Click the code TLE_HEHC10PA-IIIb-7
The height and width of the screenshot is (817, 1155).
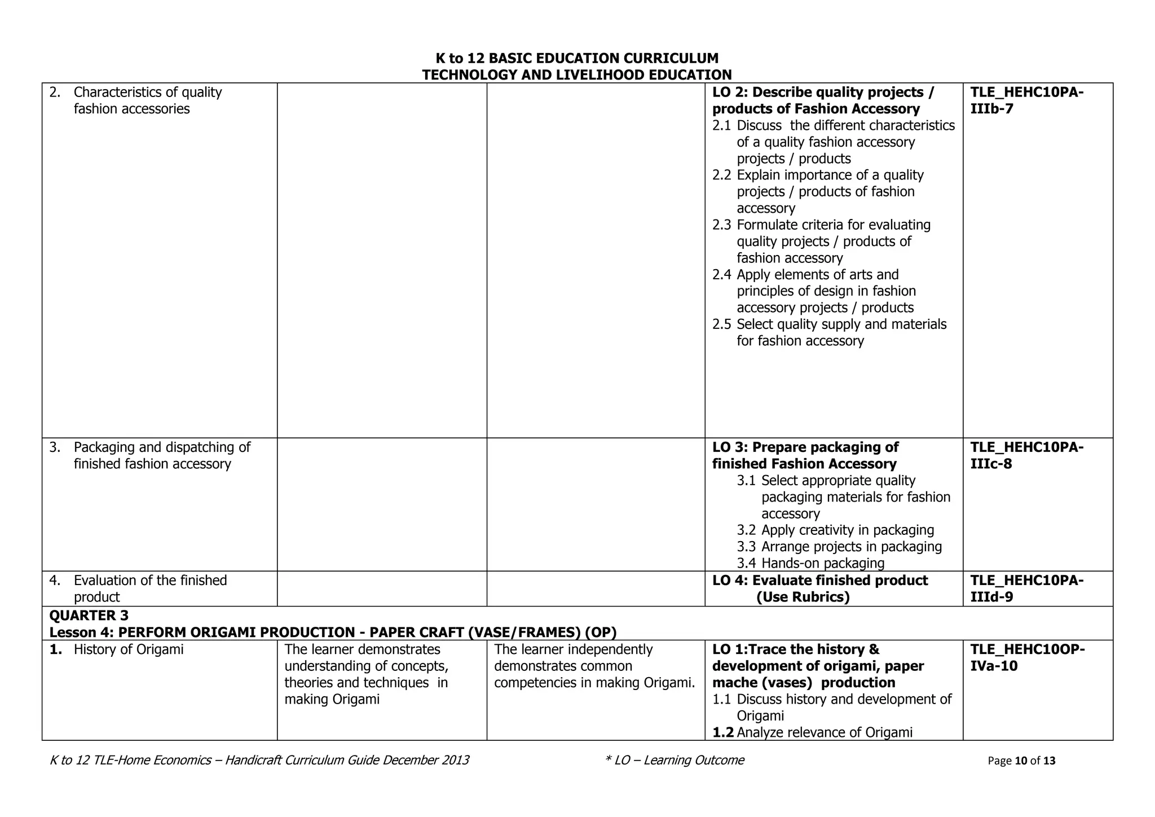coord(1026,100)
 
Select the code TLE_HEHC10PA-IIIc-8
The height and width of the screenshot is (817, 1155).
coord(1026,455)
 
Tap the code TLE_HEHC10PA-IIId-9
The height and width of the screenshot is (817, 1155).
coord(1026,588)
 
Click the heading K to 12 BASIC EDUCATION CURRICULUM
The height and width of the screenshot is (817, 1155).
coord(577,58)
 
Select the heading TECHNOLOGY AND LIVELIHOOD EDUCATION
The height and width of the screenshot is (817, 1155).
coord(577,74)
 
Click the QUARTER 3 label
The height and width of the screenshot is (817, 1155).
coord(89,615)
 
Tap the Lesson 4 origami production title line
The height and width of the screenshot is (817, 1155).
coord(333,632)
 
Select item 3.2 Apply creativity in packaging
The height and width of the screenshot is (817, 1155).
coord(835,530)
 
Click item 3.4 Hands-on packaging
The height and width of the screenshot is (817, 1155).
coord(810,563)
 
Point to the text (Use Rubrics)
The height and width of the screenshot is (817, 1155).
coord(803,597)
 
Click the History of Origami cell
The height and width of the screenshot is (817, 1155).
coord(129,649)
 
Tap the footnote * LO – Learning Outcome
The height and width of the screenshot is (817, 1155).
coord(674,760)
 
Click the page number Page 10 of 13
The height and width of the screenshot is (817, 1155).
coord(1021,761)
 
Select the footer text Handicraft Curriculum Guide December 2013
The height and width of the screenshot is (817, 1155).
coord(347,760)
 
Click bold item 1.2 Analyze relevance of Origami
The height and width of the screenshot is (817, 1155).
coord(812,732)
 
